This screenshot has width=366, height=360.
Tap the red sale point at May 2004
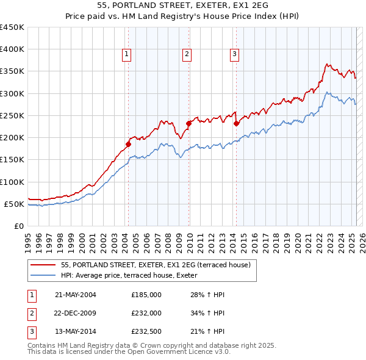[129, 144]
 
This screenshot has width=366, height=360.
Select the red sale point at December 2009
[188, 123]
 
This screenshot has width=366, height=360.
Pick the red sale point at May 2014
[236, 123]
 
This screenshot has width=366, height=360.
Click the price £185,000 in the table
[146, 295]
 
